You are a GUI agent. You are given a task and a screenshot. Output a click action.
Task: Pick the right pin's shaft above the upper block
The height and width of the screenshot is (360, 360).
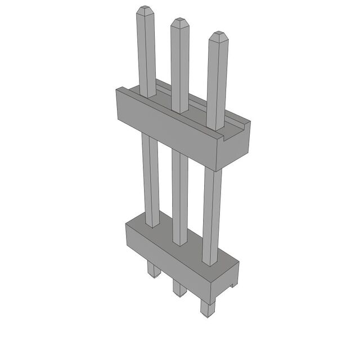coord(217,84)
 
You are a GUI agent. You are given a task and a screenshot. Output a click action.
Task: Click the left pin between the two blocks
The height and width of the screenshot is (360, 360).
coord(151,180)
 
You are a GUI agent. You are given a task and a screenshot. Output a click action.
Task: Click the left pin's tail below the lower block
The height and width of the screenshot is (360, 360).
coord(153,271)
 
